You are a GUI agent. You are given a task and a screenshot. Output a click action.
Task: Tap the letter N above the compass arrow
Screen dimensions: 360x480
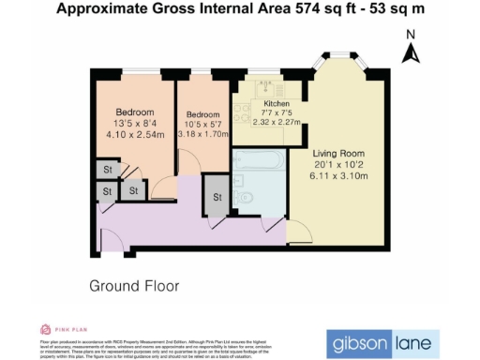(410, 35)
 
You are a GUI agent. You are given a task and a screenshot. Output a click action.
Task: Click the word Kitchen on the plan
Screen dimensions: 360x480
(277, 103)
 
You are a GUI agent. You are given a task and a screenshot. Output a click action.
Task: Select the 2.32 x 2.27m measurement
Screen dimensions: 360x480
(277, 121)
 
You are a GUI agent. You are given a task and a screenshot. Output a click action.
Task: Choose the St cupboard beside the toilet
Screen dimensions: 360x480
(217, 198)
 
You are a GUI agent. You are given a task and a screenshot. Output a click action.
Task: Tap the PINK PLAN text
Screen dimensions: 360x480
(71, 329)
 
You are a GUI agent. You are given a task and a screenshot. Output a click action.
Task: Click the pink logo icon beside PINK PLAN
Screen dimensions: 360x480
(45, 329)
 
